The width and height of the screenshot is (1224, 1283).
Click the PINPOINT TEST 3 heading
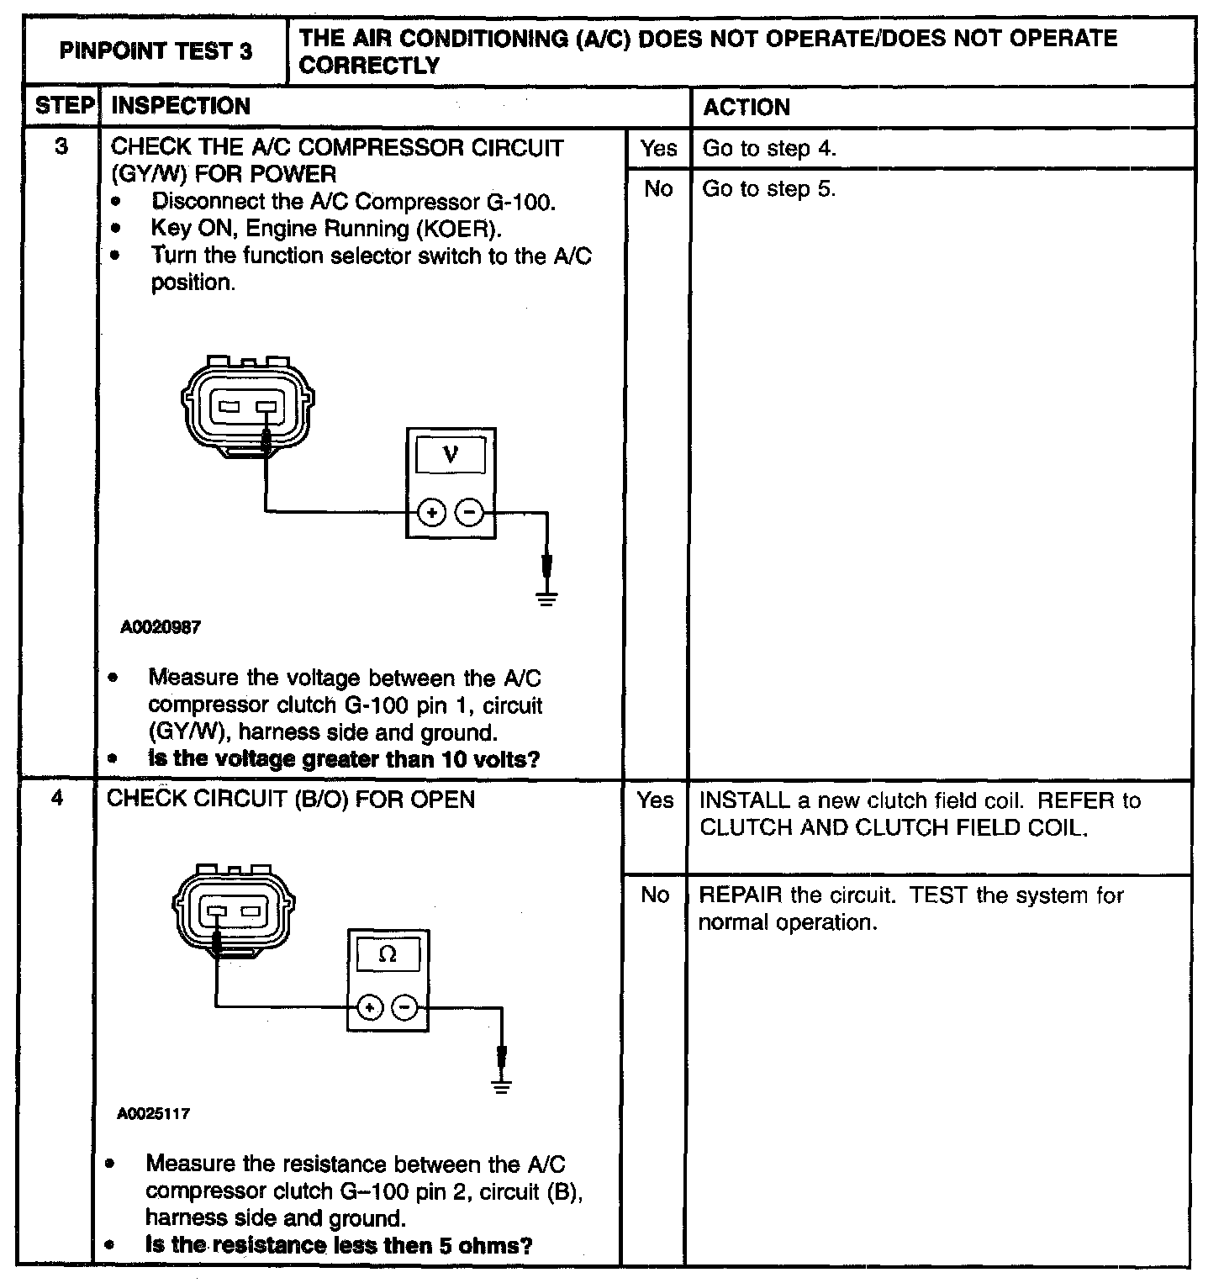click(156, 52)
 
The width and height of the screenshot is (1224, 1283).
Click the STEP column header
click(63, 106)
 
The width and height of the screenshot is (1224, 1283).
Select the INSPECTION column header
click(181, 106)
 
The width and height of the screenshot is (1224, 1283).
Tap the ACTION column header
click(747, 108)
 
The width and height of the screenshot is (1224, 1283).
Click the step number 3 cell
click(61, 146)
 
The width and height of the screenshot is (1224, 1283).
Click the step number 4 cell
click(57, 798)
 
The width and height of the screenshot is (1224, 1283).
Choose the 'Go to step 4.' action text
click(769, 149)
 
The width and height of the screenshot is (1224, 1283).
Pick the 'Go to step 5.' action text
click(769, 189)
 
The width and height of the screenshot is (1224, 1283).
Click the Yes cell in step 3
click(658, 149)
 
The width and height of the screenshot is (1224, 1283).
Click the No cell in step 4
click(655, 895)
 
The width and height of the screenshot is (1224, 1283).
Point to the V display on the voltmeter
click(451, 456)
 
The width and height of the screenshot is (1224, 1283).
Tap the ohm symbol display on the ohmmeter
click(388, 954)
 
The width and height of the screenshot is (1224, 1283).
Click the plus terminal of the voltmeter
click(431, 511)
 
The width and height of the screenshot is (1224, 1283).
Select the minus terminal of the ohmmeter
click(406, 1006)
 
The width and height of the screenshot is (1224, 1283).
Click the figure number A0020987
click(161, 627)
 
